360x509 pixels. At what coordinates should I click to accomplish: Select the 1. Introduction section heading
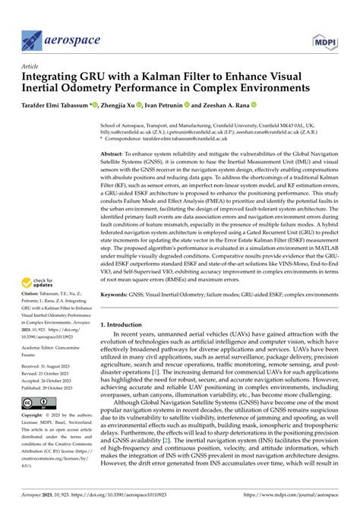[x=129, y=345]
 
